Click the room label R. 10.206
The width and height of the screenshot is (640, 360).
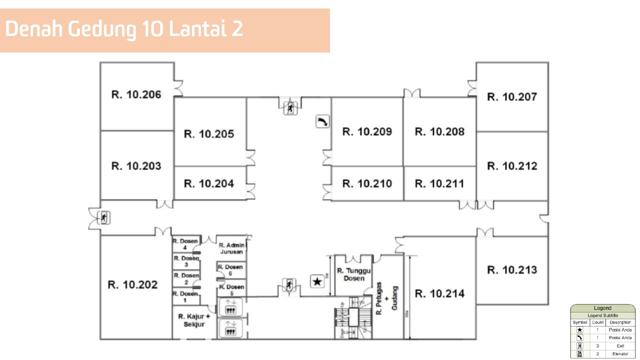coord(136,94)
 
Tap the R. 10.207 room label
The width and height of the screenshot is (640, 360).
coord(512,97)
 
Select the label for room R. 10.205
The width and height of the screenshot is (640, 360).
coord(209,134)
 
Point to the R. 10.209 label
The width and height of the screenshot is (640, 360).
coord(367,131)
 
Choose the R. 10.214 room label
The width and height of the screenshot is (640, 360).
coord(439,293)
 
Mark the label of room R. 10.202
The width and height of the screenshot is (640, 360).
coord(132,284)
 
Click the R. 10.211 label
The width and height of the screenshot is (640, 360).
coord(439,183)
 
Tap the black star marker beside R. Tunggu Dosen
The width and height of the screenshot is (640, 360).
coord(317,281)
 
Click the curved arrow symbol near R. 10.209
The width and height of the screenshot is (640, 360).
coord(322,121)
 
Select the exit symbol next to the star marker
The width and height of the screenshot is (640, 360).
coord(288,285)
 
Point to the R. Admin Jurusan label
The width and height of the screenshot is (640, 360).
coord(231,248)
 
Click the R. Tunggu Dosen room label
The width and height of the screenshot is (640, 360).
coord(354,274)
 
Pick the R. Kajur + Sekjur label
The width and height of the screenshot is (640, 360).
coord(194,320)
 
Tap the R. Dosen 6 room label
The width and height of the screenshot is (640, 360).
coord(231,270)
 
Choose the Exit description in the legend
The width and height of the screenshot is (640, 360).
coord(620,346)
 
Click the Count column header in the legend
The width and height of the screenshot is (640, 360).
coord(597,322)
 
